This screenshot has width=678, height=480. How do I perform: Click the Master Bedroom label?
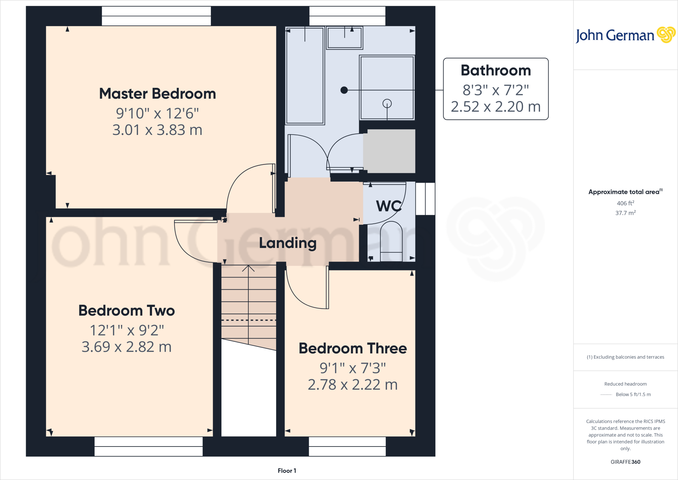[x=158, y=94]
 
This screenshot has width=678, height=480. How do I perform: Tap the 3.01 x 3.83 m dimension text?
[x=157, y=130]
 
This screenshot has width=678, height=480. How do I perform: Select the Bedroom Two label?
[x=126, y=311]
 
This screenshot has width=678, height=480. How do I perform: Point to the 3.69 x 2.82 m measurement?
[x=126, y=347]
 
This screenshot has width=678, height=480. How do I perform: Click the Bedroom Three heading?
[x=353, y=348]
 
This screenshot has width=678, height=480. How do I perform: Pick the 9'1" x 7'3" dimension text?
[x=353, y=368]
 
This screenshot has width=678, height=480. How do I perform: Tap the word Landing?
[x=288, y=243]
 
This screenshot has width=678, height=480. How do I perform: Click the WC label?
[x=389, y=206]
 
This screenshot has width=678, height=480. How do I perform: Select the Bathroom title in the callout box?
[x=496, y=71]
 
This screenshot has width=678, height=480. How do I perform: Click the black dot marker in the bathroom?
[x=344, y=90]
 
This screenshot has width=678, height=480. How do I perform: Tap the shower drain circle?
[x=387, y=103]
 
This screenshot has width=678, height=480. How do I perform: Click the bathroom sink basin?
[x=344, y=38]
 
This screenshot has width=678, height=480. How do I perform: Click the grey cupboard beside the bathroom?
[x=389, y=151]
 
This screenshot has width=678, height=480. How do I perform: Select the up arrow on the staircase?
[x=248, y=269]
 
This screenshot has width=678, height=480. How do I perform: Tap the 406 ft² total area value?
[x=625, y=203]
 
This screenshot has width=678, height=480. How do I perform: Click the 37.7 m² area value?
[x=625, y=213]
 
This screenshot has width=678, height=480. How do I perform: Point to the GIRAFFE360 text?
[x=625, y=462]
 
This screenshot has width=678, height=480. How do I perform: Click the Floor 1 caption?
[x=287, y=471]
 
